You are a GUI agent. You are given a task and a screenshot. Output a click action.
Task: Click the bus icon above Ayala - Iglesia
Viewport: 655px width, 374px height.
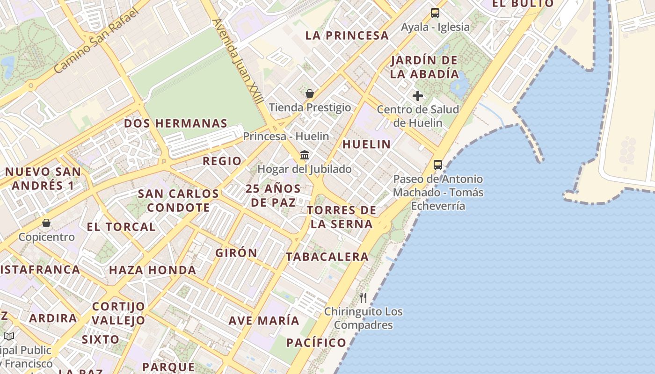435,13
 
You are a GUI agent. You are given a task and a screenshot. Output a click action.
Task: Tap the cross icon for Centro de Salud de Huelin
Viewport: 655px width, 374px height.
418,96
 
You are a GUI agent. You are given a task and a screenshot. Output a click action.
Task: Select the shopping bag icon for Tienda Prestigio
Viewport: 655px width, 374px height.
309,93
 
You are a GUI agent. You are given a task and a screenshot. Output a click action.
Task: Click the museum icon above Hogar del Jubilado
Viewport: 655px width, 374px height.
305,155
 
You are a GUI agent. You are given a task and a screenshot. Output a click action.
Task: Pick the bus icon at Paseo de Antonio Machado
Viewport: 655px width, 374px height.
438,165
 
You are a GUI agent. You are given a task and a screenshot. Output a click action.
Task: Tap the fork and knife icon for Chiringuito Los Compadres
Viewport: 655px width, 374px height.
363,297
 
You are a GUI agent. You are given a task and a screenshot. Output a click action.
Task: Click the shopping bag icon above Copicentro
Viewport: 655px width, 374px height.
46,223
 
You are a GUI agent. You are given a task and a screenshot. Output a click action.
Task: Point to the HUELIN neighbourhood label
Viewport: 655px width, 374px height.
366,144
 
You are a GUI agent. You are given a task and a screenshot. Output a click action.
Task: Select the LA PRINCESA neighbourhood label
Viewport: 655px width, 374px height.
347,36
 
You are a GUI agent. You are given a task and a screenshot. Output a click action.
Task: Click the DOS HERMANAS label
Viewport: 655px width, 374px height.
175,124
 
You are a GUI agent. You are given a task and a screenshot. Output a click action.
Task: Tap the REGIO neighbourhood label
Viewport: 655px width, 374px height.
222,161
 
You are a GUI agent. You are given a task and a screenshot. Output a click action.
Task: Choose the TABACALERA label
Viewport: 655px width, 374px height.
327,257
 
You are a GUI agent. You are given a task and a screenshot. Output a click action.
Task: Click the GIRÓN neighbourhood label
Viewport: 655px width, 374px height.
236,253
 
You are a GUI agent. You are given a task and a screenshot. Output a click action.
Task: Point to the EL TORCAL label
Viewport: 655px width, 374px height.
121,227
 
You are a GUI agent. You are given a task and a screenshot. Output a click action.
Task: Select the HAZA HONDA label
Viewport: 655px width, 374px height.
153,270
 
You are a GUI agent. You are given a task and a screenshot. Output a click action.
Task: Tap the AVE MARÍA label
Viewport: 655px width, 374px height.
264,321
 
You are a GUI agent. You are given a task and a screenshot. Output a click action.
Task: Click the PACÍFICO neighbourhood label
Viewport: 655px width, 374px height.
316,343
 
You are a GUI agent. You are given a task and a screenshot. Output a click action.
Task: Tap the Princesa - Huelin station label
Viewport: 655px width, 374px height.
286,137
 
